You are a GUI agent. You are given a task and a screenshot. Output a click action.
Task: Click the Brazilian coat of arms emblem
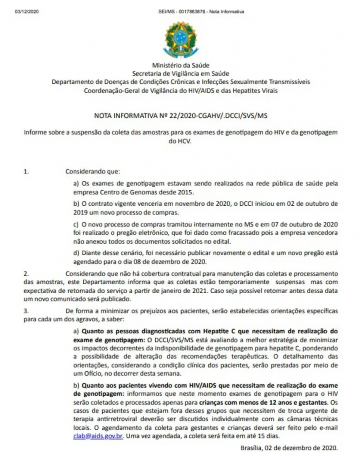pos(180,38)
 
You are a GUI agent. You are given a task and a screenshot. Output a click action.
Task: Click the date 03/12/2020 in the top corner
pos(27,11)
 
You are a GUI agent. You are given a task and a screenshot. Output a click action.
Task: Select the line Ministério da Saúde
pos(180,65)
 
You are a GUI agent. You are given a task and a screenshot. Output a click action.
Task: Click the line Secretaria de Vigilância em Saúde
pos(180,73)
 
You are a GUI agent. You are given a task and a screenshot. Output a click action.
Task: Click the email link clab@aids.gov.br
pos(97,435)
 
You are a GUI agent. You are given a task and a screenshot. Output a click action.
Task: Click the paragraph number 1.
pos(26,170)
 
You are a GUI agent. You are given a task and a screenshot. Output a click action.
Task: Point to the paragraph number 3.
pos(26,312)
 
